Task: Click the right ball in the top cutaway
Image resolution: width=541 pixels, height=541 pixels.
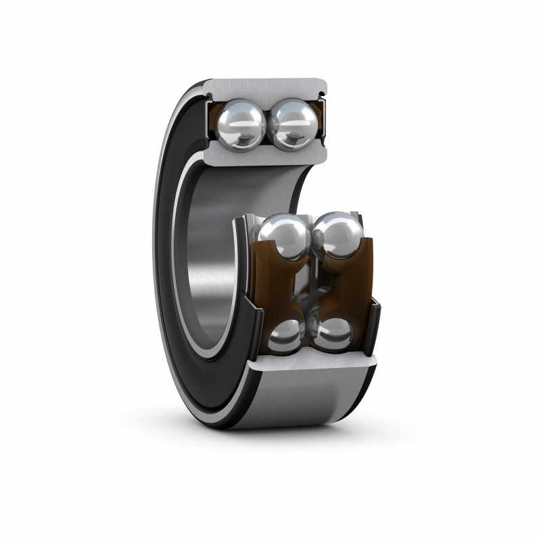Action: click(x=293, y=124)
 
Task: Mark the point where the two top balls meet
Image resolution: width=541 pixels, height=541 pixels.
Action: click(x=268, y=125)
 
